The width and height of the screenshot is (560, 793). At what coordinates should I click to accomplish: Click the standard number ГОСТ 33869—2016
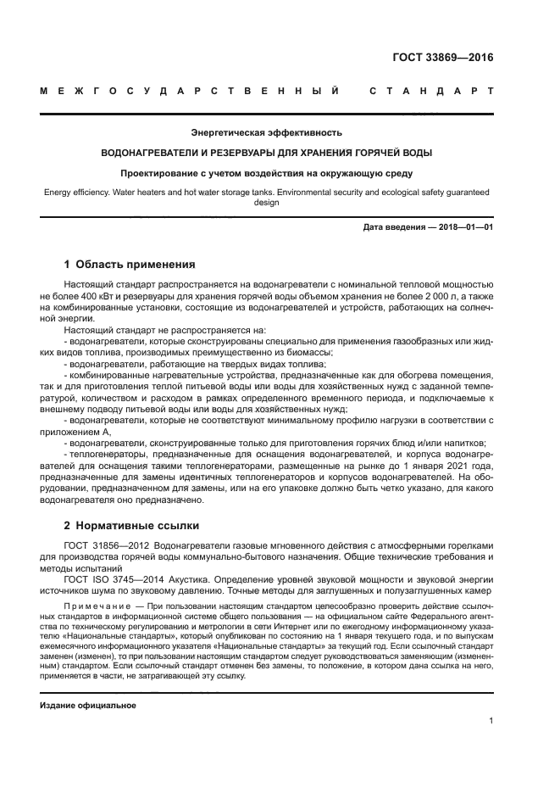443,59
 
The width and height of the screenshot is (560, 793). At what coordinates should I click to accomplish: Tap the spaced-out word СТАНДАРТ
431,91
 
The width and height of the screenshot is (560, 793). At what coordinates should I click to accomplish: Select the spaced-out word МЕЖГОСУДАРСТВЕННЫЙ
191,91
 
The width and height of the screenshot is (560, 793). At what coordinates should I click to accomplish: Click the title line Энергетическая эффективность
266,132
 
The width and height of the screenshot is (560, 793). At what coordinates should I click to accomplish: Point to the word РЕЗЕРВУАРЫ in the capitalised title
242,153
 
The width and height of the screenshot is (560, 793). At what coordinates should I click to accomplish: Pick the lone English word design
266,203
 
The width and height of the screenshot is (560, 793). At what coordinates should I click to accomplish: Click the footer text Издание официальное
88,705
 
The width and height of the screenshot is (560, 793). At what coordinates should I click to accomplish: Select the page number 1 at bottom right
491,721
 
